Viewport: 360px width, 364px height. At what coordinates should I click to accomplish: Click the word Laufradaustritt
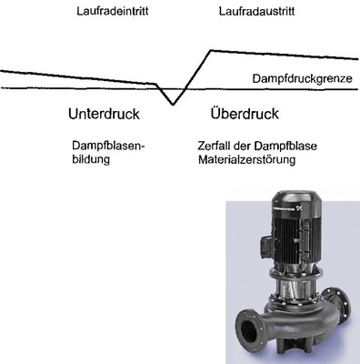[x=254, y=11]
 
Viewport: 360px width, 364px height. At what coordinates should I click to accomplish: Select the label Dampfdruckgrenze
[x=302, y=79]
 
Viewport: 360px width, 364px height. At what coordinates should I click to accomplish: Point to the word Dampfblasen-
[x=108, y=146]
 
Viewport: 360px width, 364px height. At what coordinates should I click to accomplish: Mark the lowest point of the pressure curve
[x=173, y=105]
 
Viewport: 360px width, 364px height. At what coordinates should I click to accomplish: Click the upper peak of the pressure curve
[x=210, y=50]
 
